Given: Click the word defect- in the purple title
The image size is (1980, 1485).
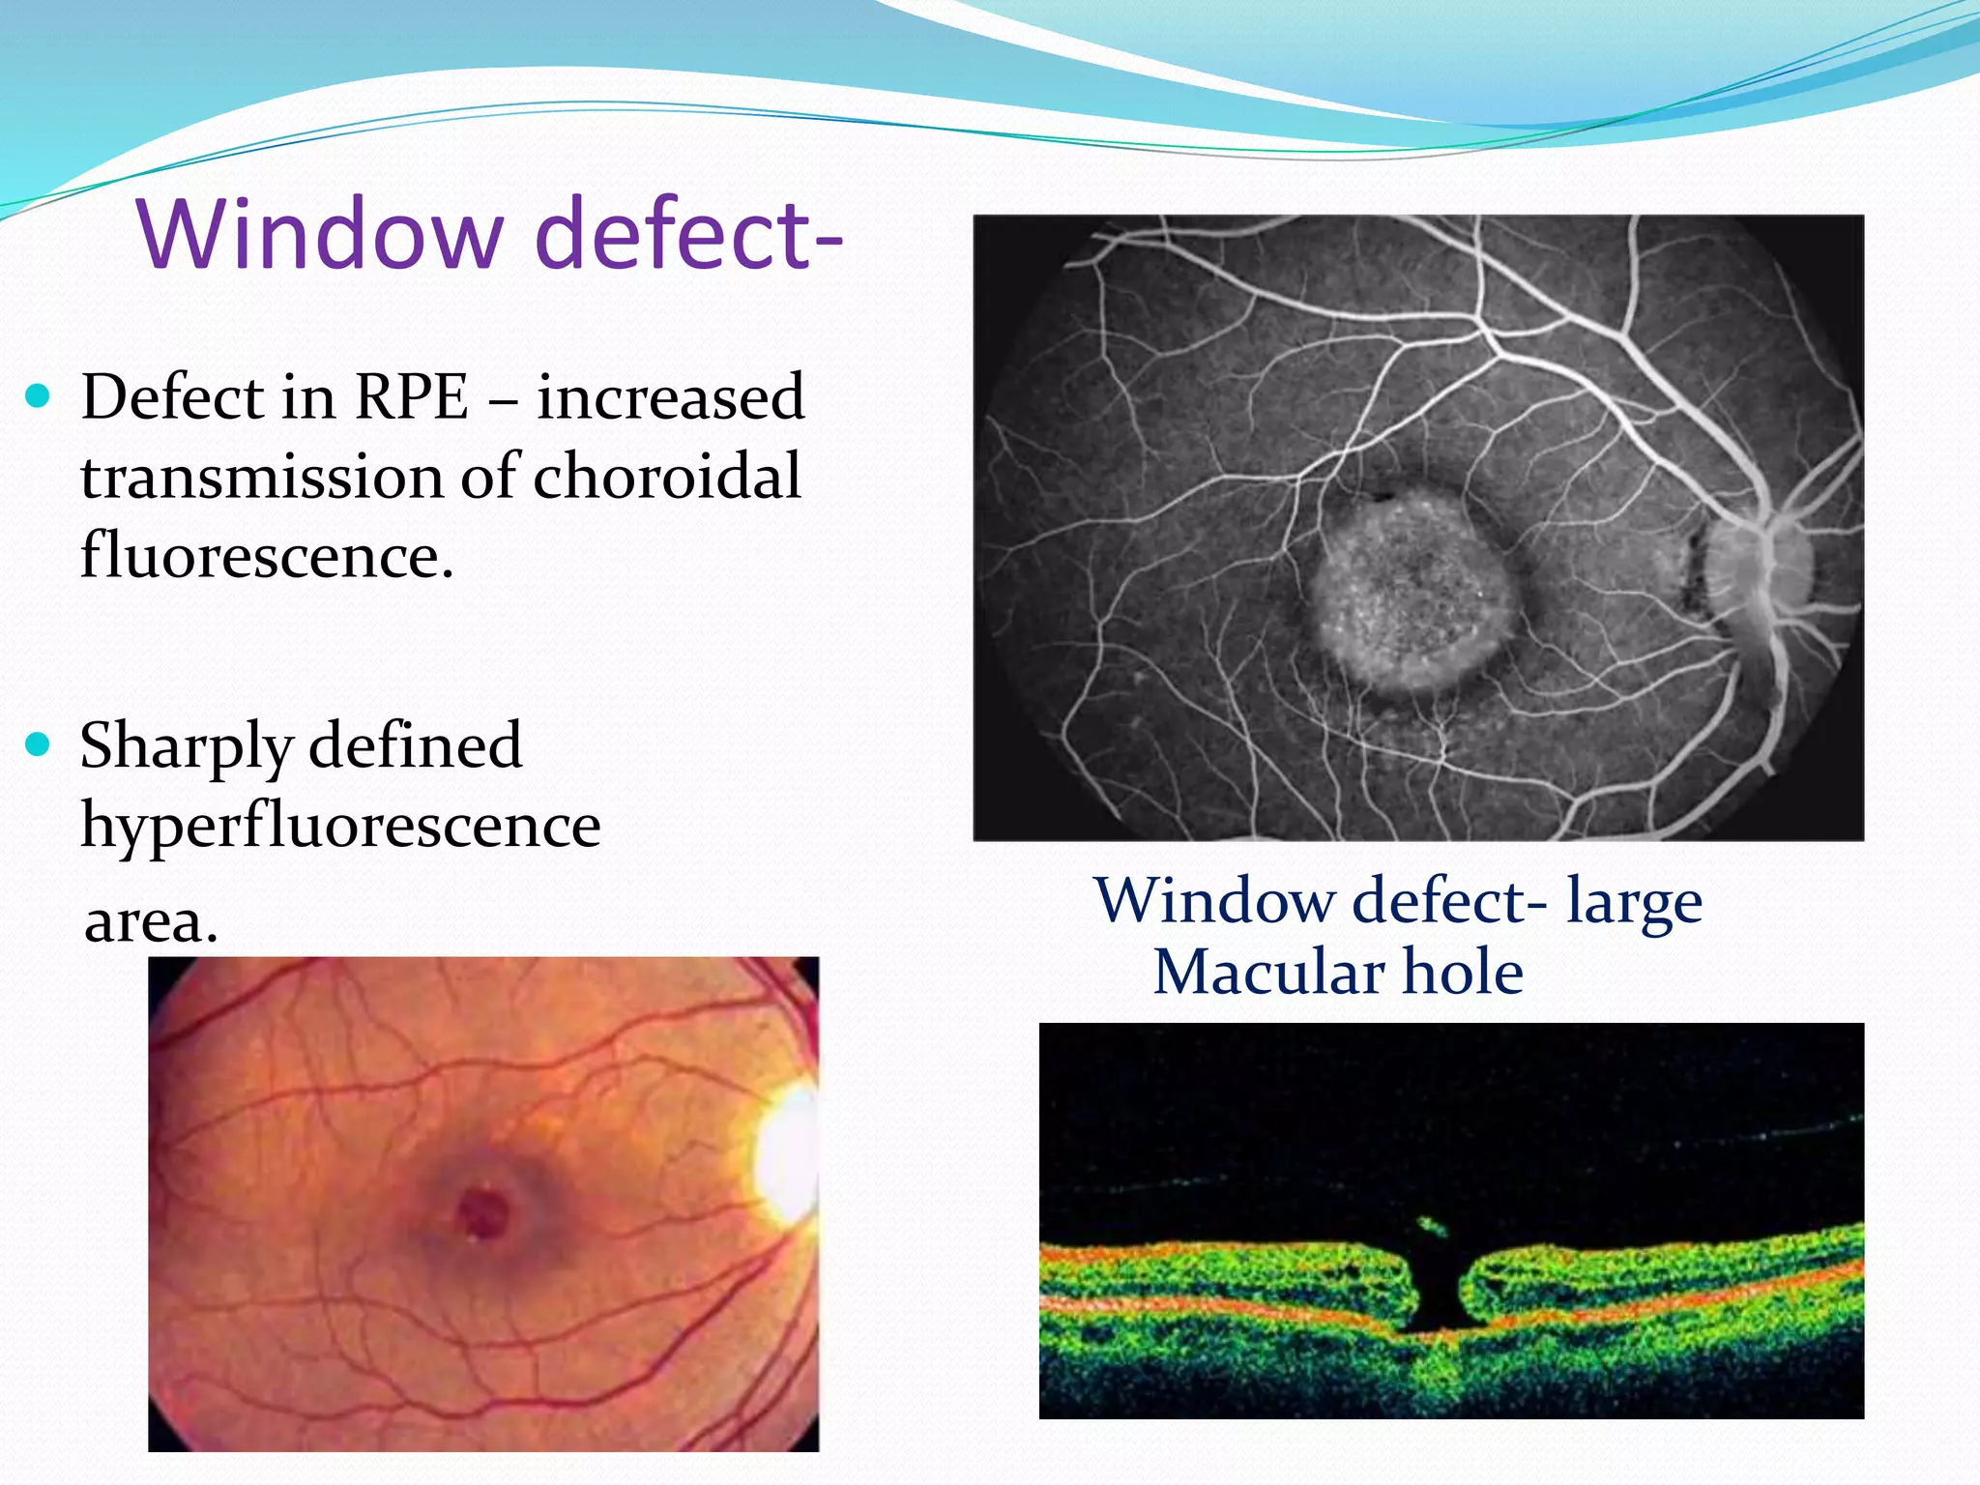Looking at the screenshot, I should [688, 234].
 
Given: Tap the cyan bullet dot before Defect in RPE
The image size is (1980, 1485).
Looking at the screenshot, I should [38, 395].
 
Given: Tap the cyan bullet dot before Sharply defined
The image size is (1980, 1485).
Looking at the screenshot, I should [38, 743].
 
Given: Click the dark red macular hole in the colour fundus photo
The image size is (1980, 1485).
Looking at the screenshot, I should [482, 1212].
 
